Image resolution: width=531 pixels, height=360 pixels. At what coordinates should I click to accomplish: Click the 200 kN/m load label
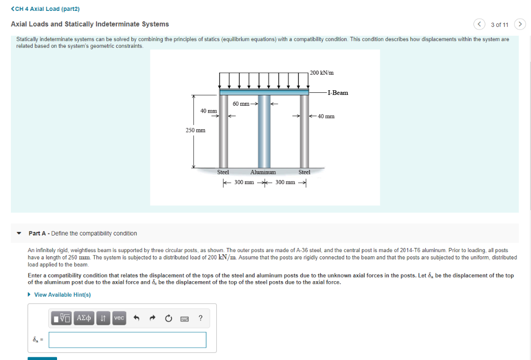[322, 72]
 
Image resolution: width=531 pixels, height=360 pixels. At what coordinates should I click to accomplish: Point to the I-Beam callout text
[338, 93]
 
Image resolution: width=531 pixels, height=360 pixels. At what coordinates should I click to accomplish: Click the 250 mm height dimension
[195, 130]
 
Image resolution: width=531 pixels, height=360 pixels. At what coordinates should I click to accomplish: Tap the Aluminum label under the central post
[263, 172]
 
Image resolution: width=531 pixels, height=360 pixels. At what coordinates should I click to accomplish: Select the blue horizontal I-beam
[264, 92]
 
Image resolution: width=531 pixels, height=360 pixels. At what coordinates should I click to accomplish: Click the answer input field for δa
[128, 340]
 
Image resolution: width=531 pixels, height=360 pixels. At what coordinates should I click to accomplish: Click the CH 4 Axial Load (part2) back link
[41, 9]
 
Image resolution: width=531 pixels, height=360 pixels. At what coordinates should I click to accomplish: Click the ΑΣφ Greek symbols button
[83, 318]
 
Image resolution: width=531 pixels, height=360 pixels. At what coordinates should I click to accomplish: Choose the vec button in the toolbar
[119, 318]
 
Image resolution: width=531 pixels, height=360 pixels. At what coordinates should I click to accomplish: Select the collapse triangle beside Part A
[20, 233]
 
